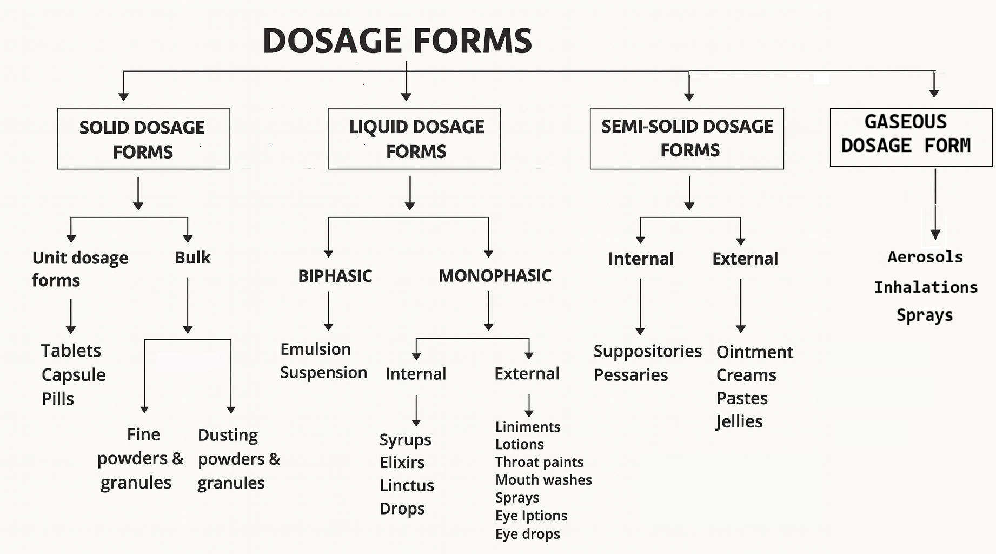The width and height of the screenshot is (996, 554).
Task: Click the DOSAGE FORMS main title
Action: tap(397, 41)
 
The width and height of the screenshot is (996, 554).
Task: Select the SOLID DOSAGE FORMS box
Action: tap(143, 138)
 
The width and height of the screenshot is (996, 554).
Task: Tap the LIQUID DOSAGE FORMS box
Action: tap(414, 138)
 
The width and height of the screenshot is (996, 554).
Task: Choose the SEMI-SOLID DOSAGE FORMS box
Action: tap(687, 138)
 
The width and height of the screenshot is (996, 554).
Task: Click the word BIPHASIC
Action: tap(335, 276)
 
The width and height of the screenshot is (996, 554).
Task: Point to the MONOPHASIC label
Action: tap(495, 276)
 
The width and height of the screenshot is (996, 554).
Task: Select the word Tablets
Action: tap(71, 351)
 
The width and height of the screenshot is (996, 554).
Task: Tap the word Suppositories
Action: tap(647, 351)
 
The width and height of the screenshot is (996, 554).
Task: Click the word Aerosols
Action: tap(925, 257)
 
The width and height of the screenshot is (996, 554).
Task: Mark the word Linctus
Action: tap(407, 485)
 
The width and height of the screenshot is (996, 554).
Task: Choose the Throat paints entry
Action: tap(539, 462)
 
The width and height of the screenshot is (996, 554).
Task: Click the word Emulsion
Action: tap(315, 349)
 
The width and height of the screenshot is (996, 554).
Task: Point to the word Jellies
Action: tap(739, 421)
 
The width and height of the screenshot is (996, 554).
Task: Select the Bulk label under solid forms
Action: tap(192, 258)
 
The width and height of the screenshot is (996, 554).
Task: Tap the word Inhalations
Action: tap(926, 287)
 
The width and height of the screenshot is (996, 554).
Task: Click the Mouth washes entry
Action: tap(543, 480)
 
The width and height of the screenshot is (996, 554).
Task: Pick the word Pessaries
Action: tap(630, 375)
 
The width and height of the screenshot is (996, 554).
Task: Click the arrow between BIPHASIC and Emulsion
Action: tap(328, 311)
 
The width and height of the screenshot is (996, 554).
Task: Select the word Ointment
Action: tap(754, 352)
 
